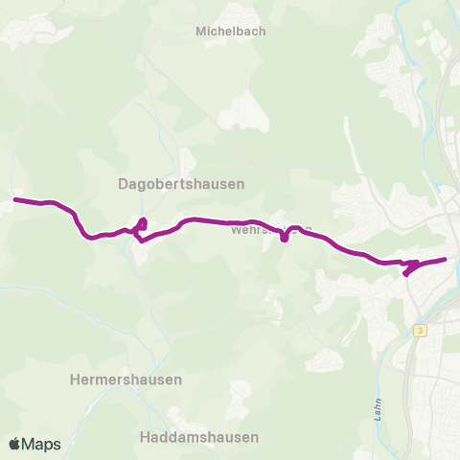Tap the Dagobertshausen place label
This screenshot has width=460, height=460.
[181, 183]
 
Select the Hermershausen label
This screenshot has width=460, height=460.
[126, 379]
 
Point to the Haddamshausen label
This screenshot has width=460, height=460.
[198, 437]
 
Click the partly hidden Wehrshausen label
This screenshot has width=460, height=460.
[259, 230]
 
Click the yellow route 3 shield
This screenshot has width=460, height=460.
[420, 330]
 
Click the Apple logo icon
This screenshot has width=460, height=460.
[15, 444]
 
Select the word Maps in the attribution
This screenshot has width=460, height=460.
[41, 444]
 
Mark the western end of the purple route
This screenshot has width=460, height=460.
[14, 199]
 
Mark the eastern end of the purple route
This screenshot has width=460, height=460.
[446, 259]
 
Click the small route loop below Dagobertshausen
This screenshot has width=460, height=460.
[141, 226]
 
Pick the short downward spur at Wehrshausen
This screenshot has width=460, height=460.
[285, 237]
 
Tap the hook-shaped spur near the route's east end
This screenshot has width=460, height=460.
[409, 268]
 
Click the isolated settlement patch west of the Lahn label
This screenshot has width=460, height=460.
[326, 360]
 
